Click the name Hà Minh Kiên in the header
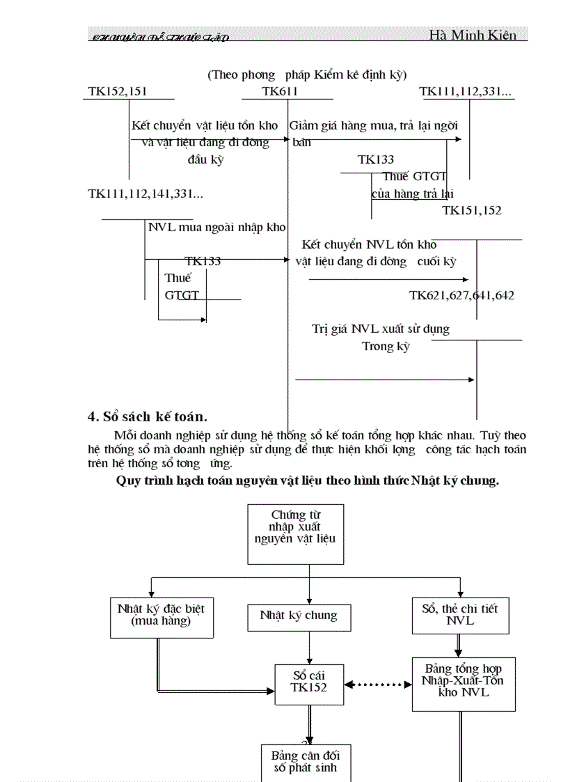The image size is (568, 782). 473,35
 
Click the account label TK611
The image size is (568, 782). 280,91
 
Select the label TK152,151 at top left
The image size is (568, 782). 117,91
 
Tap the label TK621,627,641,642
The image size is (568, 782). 461,295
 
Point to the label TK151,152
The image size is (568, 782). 471,210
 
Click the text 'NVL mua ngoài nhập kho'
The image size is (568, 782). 216,228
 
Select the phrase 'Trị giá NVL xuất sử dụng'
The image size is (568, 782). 381,329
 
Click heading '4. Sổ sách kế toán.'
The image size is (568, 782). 147,417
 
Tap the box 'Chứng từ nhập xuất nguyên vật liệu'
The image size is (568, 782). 296,533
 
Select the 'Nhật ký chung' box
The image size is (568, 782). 299,616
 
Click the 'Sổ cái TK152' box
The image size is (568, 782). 309,681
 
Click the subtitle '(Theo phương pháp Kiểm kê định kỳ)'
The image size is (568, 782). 307,75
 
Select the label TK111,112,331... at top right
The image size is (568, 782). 466,91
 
